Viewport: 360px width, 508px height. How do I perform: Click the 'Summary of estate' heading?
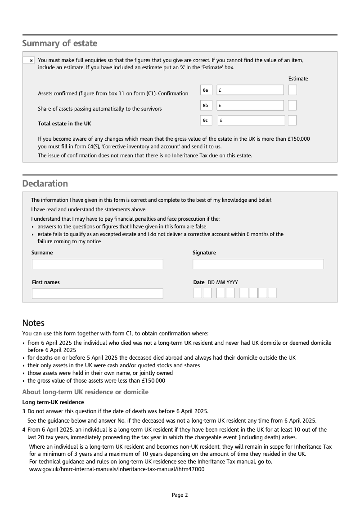click(x=60, y=44)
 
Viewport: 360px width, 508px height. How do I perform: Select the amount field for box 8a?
click(x=250, y=90)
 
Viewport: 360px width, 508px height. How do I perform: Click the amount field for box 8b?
click(x=250, y=105)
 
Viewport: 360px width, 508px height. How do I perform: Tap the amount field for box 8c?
click(x=251, y=120)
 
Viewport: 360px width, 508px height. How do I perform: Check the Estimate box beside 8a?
click(x=292, y=90)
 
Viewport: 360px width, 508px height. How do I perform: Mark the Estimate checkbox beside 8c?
click(x=292, y=120)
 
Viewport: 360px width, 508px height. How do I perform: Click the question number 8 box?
click(x=29, y=60)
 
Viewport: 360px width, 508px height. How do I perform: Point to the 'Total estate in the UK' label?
click(x=64, y=124)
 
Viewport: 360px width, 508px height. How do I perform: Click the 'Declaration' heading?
click(x=45, y=183)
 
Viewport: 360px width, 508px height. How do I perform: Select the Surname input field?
click(x=97, y=264)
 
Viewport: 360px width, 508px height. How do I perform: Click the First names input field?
click(x=97, y=294)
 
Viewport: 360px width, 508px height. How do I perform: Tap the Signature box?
click(x=258, y=264)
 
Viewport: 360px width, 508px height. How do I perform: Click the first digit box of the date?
click(x=198, y=293)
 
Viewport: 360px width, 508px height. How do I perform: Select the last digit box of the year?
click(x=272, y=293)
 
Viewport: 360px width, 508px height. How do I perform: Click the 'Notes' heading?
click(x=33, y=323)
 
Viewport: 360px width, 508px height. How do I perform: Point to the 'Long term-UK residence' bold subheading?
click(x=53, y=402)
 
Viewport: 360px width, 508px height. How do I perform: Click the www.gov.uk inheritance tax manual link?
click(x=117, y=469)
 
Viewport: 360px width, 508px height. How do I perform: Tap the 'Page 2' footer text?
click(x=180, y=495)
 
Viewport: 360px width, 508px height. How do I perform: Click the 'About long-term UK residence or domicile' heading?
click(x=85, y=392)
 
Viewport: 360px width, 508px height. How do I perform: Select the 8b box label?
click(x=206, y=105)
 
